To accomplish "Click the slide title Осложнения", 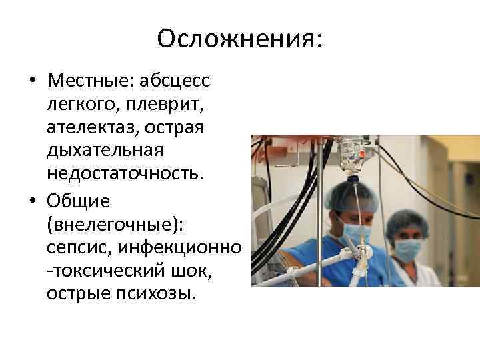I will click(239, 38).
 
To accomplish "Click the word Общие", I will click(78, 201).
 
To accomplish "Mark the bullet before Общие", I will click(32, 201).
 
